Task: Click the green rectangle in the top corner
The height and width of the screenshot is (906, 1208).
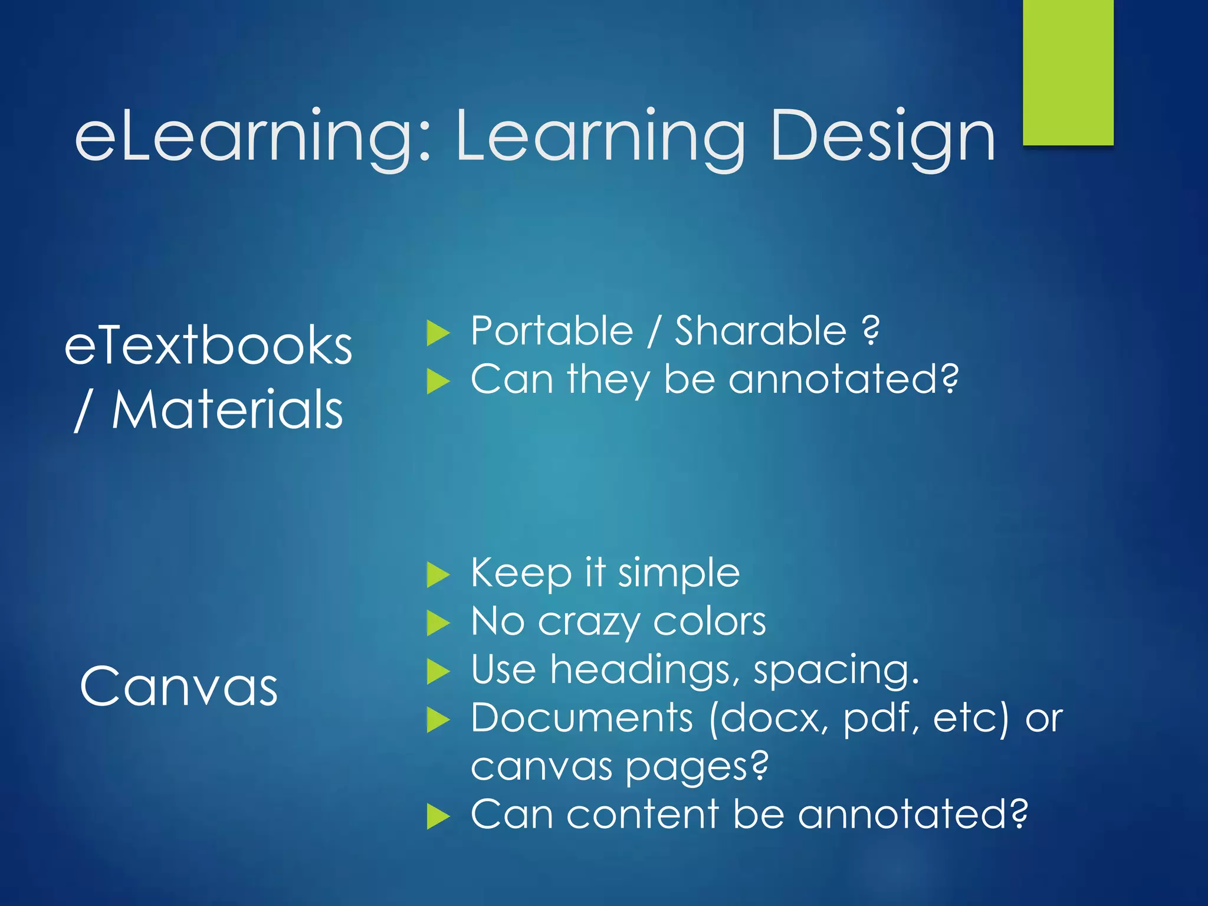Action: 1068,72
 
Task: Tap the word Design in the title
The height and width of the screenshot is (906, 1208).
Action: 882,137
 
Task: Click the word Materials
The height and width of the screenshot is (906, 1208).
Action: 227,409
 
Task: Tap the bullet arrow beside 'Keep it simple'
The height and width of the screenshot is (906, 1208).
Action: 438,575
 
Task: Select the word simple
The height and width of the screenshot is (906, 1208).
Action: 678,573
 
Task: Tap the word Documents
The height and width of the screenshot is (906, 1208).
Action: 582,718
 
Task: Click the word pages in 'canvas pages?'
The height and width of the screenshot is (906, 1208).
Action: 696,767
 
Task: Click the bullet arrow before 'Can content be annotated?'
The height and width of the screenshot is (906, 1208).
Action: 438,816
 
